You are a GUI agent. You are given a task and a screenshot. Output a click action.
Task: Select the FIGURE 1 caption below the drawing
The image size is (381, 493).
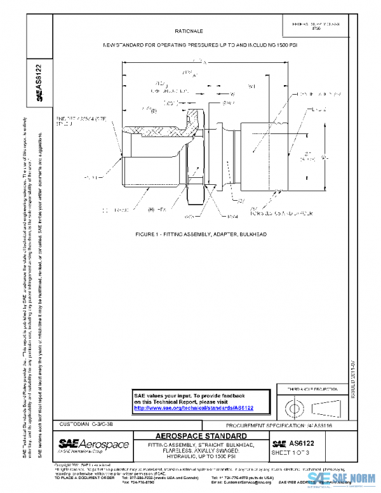201,234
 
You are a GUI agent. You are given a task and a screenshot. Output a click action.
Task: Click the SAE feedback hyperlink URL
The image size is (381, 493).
194,408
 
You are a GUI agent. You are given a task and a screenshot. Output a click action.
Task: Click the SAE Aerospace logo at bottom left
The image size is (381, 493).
93,444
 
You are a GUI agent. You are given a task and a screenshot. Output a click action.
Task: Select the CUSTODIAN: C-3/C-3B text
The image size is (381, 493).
88,423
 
